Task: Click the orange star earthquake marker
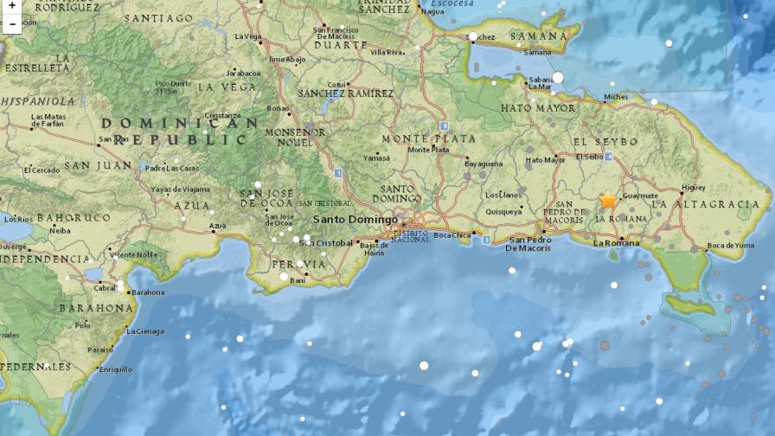[x=608, y=200]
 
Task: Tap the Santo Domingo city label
[x=355, y=219]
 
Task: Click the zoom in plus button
[x=11, y=7]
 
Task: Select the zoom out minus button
[x=11, y=24]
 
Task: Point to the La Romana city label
[x=617, y=243]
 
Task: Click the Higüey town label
[x=694, y=187]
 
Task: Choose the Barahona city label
[x=148, y=292]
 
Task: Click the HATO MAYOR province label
[x=538, y=108]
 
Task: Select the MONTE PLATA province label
[x=429, y=138]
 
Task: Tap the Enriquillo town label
[x=115, y=369]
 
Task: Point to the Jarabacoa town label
[x=243, y=74]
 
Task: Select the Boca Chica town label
[x=452, y=235]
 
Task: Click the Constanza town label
[x=222, y=115]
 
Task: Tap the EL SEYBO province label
[x=605, y=141]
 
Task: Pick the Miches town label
[x=617, y=97]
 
